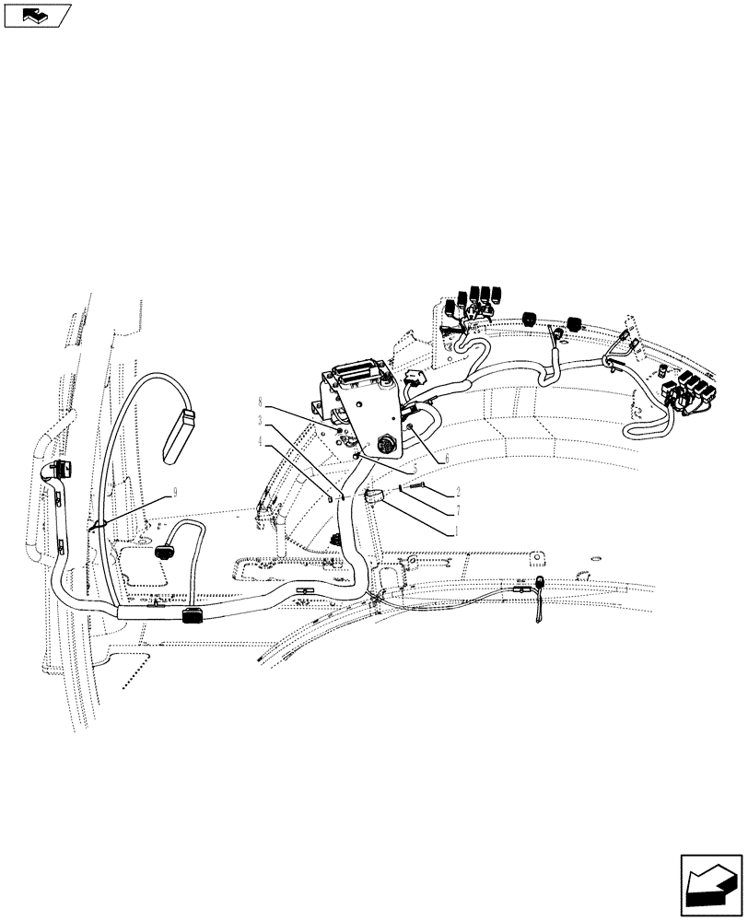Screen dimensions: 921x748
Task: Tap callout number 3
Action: click(262, 420)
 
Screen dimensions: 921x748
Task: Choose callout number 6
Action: click(447, 458)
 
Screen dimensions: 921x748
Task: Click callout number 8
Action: click(262, 402)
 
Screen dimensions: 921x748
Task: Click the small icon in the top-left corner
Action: click(38, 14)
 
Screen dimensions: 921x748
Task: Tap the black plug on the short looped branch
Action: click(165, 550)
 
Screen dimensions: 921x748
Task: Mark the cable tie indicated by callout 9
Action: click(93, 529)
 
